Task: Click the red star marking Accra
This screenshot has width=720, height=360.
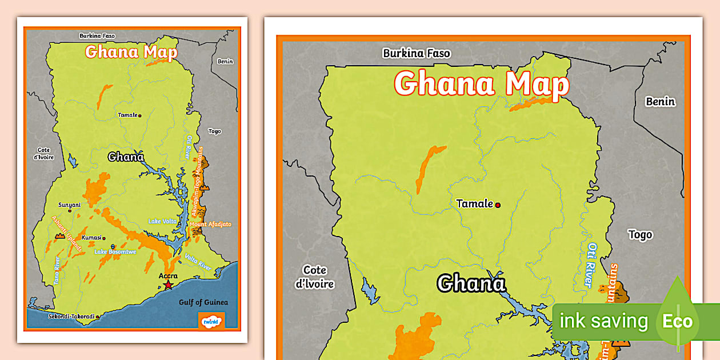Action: tap(167, 285)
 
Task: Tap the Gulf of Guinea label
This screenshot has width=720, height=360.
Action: tap(203, 302)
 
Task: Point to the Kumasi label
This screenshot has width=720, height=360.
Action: tap(91, 238)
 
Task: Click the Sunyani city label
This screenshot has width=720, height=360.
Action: tap(69, 205)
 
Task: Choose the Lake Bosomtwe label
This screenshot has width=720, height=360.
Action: tap(115, 251)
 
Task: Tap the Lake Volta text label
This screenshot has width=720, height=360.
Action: tap(162, 221)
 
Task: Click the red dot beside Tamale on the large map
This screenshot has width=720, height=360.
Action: tap(498, 205)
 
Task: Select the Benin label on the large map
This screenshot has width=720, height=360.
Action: tap(660, 102)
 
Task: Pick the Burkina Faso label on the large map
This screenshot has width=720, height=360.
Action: tap(417, 53)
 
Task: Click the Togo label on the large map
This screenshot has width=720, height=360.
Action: tap(640, 234)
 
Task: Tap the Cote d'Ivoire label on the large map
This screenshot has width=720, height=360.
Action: tap(315, 277)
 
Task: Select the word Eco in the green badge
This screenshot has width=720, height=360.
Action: tap(677, 321)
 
